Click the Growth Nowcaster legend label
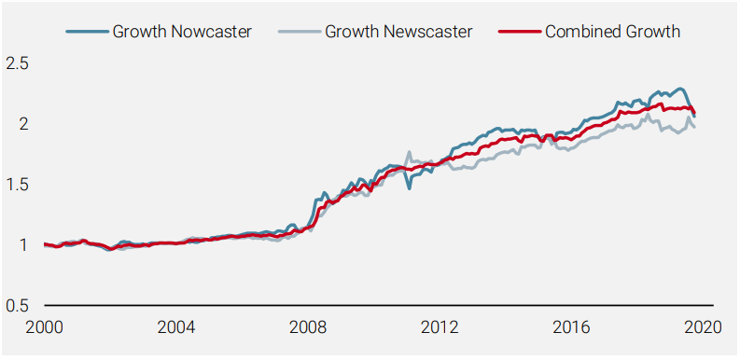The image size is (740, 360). click(x=182, y=32)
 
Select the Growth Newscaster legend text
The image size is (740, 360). click(x=398, y=32)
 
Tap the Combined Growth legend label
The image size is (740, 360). click(x=612, y=32)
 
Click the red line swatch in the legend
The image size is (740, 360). click(x=519, y=32)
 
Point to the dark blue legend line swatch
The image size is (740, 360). click(x=87, y=32)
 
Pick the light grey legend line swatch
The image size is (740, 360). click(x=300, y=32)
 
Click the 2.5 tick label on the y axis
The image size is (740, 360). click(x=17, y=63)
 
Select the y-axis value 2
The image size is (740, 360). click(x=24, y=124)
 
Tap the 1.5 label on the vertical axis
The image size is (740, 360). click(x=17, y=185)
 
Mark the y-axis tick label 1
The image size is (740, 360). click(x=24, y=245)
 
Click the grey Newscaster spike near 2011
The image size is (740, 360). click(x=409, y=153)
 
